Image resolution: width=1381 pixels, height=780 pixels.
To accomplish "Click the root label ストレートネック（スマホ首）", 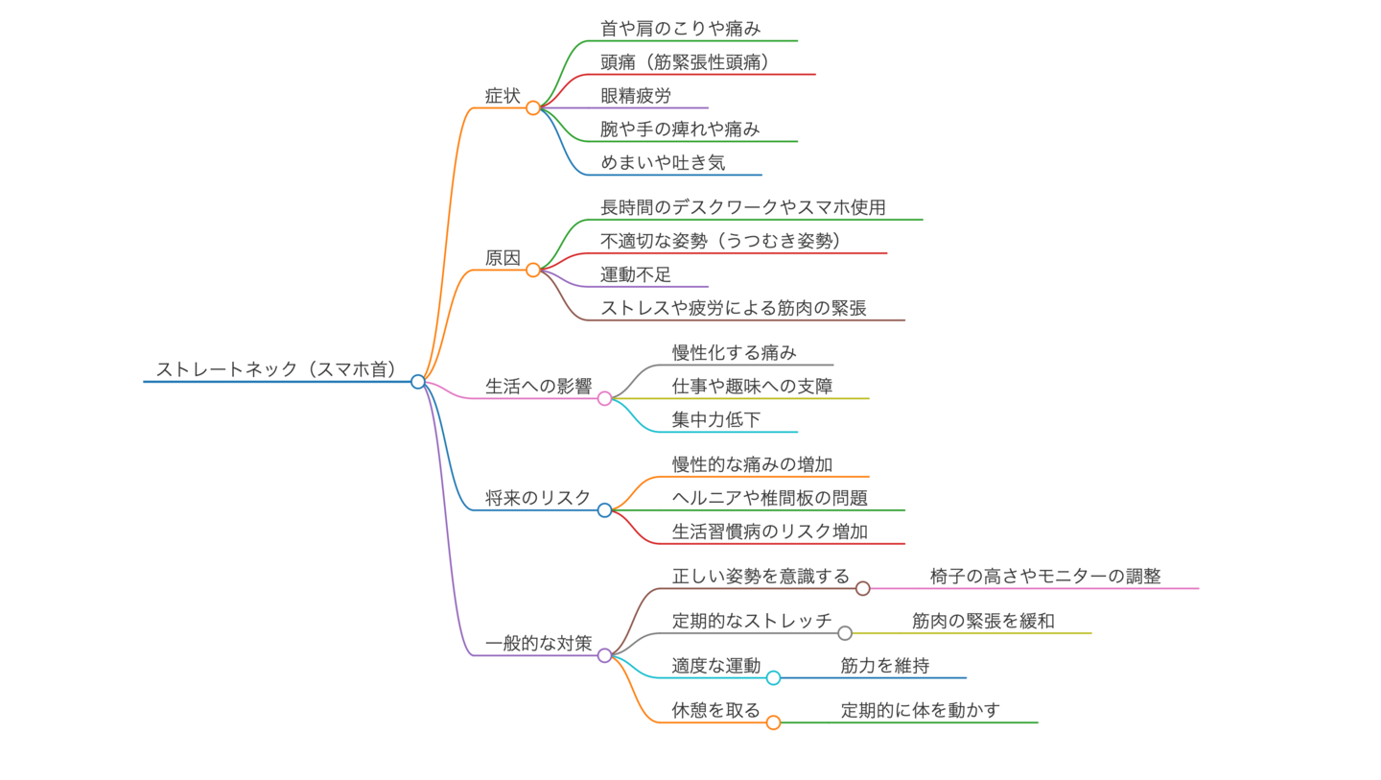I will [x=277, y=369].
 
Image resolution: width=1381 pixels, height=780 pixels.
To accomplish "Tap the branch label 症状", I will [x=503, y=96].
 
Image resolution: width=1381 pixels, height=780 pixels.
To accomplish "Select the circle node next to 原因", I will [x=533, y=270].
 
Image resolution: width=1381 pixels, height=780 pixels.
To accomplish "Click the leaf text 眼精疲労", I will [x=636, y=96].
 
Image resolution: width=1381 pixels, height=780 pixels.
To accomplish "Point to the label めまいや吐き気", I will [x=663, y=163].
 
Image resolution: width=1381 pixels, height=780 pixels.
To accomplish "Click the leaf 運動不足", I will [x=636, y=274].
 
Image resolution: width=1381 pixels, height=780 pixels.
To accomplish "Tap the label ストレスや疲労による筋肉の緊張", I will [x=734, y=308].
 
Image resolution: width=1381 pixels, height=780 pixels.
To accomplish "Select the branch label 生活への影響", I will [x=538, y=387].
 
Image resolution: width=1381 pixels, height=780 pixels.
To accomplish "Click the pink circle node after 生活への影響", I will [x=604, y=398].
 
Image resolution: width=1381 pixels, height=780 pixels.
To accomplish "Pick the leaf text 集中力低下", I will [x=716, y=419].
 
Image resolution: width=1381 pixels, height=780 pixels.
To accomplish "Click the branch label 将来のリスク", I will [x=538, y=498].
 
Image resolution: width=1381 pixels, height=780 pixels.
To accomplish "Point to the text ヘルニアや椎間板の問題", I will [x=769, y=498].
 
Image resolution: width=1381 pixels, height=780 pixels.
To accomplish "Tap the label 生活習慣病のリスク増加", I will [x=769, y=532].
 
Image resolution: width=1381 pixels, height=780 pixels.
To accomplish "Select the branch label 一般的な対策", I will [x=538, y=644].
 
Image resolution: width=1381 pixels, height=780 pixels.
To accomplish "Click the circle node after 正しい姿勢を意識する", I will [x=862, y=588].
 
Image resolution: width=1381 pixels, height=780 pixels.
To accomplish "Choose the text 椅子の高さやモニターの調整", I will [x=1045, y=577].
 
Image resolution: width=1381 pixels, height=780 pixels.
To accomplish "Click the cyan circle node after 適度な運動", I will [x=773, y=677].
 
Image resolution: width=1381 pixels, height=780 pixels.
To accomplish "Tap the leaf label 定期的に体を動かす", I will [x=921, y=710].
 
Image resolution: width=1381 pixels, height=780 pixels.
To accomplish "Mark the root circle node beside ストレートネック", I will [x=417, y=381].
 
